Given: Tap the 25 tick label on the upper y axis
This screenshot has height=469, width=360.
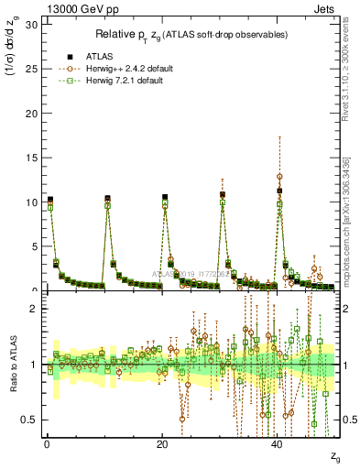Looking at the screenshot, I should [32, 69].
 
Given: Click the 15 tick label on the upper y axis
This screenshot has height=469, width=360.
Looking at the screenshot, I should [32, 158].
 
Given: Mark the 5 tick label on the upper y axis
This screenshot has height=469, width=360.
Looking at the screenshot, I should [35, 246].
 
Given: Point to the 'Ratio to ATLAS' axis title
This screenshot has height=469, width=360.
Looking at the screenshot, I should [12, 366].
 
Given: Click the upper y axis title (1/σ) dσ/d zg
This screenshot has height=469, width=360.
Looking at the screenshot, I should [12, 55].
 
